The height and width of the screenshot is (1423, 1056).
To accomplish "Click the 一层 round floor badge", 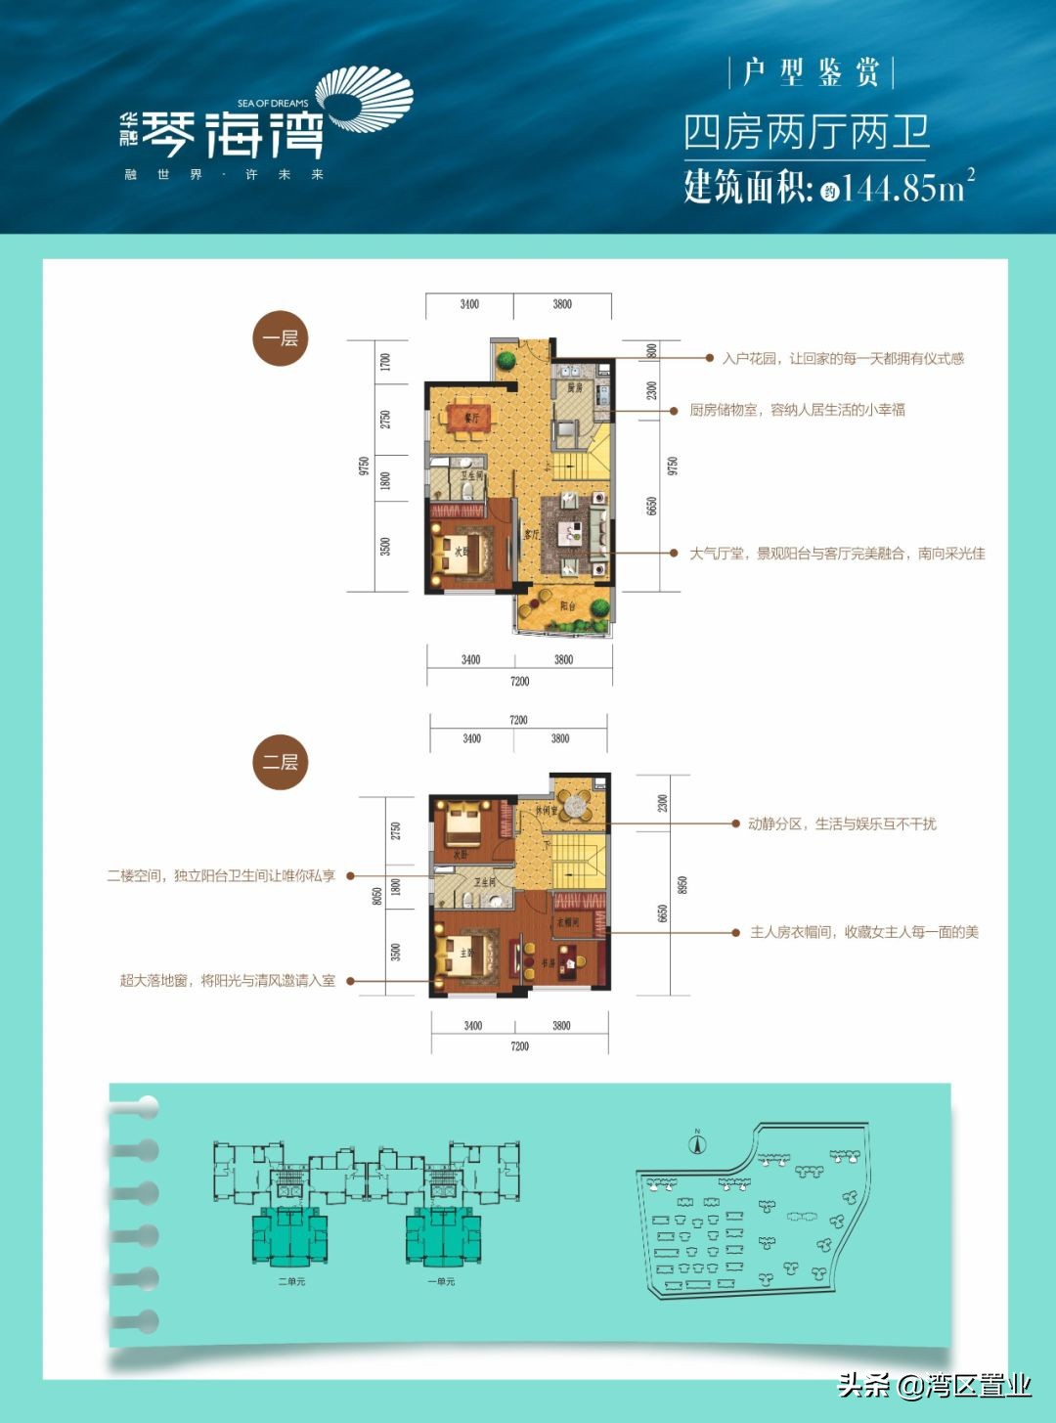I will click(281, 338).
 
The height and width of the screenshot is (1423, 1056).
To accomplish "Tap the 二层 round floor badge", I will click(281, 762).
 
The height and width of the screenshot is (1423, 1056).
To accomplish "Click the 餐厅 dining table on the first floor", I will click(471, 417).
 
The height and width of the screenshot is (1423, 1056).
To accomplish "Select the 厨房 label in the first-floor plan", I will click(574, 388).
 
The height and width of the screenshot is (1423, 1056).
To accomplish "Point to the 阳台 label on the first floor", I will click(567, 606).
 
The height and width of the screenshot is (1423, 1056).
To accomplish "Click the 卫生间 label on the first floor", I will click(472, 476).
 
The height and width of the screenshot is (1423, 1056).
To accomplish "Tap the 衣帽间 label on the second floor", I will click(568, 922).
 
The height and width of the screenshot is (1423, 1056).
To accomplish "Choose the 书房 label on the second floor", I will click(549, 963).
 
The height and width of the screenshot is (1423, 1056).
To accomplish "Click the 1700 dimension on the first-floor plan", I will click(385, 362).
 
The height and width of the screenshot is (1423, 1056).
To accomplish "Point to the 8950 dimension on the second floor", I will click(682, 884).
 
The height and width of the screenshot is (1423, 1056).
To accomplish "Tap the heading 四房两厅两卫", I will click(806, 133).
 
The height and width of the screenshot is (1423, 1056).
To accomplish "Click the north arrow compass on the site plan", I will click(697, 1143).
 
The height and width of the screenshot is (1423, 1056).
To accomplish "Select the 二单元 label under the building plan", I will click(290, 1281).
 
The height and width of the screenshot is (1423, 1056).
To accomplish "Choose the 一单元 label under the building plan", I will click(441, 1281).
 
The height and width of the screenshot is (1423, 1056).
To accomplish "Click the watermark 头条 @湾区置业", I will click(934, 1385).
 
